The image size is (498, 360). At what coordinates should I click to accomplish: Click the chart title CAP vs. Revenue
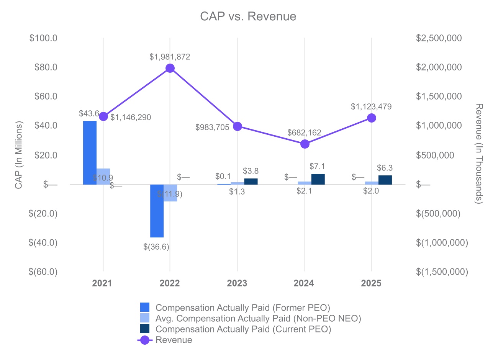(248, 16)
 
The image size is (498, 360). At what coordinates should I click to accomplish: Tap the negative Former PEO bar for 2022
(157, 211)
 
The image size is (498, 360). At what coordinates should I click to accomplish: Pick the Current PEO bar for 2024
(318, 179)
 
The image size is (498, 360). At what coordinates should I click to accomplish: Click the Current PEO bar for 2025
(385, 180)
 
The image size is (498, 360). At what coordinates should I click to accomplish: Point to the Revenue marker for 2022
(170, 68)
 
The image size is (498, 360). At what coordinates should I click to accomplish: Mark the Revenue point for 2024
(305, 144)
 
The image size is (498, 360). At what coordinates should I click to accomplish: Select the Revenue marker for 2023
(238, 126)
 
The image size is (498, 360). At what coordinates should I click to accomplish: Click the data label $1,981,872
(170, 57)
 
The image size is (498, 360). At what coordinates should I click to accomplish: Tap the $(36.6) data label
(156, 247)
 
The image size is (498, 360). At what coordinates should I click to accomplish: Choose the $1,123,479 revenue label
(371, 107)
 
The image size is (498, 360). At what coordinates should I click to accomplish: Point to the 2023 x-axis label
(237, 283)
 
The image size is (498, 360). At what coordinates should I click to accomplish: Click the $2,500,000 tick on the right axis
(439, 38)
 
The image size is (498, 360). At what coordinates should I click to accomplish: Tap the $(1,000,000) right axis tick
(442, 242)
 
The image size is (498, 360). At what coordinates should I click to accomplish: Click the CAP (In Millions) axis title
(19, 155)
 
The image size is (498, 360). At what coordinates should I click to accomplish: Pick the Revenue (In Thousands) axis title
(479, 153)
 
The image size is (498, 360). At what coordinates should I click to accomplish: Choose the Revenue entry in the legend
(174, 340)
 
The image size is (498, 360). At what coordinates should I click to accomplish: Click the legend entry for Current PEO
(243, 329)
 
